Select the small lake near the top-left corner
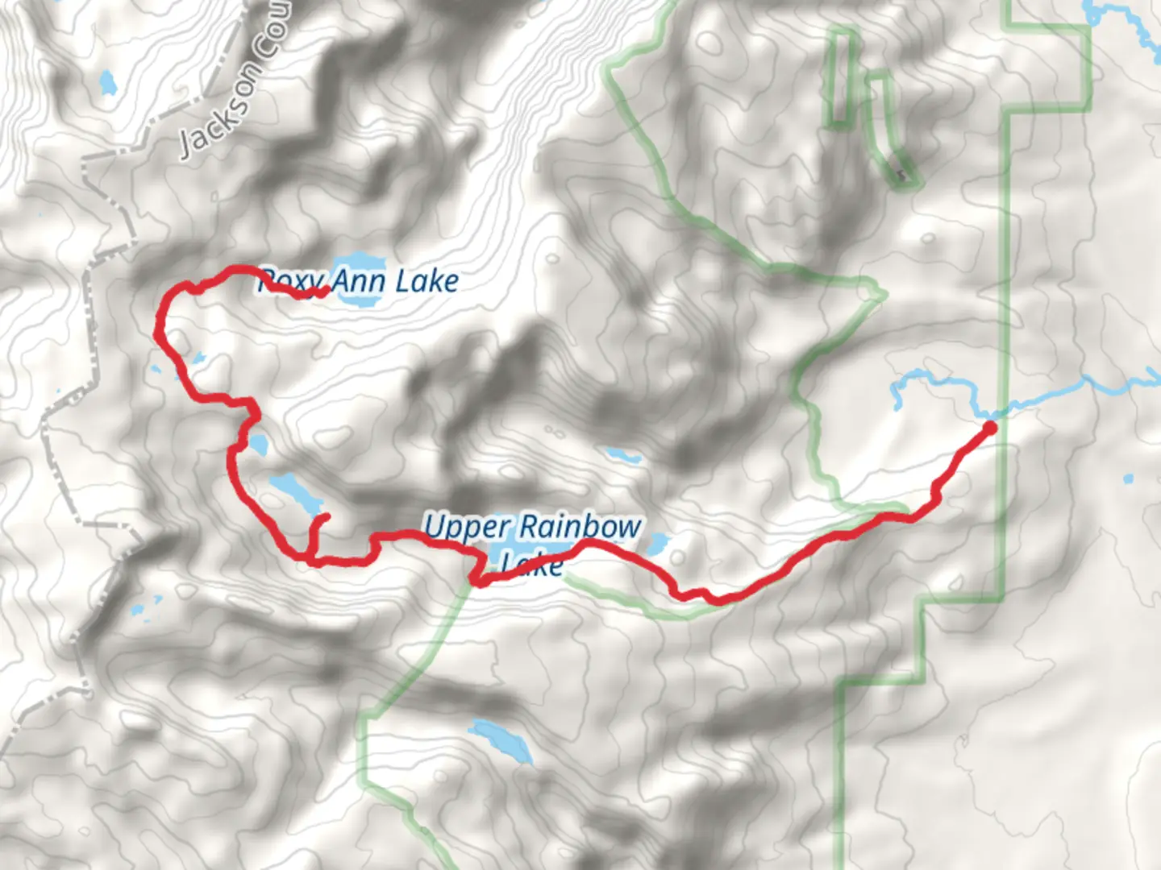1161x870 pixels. tap(106, 81)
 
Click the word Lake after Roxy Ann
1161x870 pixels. tap(427, 281)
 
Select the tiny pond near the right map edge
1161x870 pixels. tap(1127, 479)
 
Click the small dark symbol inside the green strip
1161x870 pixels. tap(900, 173)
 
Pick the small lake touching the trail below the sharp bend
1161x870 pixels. tap(257, 443)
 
